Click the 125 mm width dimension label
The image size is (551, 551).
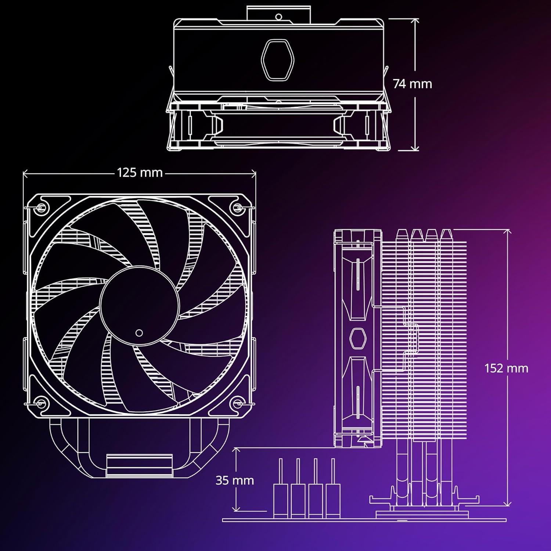(140, 173)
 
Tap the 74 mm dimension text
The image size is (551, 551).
(412, 84)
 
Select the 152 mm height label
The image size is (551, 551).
(506, 368)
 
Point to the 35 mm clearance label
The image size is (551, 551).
(234, 480)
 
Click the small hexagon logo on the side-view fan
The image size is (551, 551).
(356, 338)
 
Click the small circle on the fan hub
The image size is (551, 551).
(139, 333)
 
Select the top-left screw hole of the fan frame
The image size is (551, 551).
(41, 208)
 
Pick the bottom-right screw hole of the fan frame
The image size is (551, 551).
(237, 404)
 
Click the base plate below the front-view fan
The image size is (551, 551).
(139, 465)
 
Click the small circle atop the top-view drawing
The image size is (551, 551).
(278, 17)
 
